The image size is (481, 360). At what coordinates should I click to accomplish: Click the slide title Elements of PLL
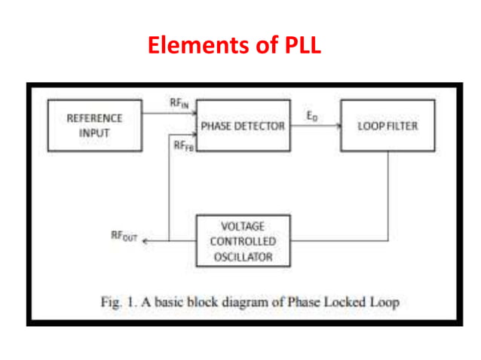coord(234,44)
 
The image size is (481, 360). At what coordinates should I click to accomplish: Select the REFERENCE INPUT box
coord(94,125)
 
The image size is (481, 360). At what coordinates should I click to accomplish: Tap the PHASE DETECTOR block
coord(242,125)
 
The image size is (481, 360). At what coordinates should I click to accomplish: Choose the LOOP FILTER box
coord(387,125)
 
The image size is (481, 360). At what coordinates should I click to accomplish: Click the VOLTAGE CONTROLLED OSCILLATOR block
coord(242,241)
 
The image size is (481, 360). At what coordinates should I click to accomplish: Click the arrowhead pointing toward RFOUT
coord(146,241)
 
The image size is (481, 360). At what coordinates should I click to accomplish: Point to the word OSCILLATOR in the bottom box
coord(242,257)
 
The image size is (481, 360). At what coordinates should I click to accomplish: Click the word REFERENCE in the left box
coord(94,118)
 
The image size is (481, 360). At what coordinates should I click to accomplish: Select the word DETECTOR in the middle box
coord(260,126)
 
